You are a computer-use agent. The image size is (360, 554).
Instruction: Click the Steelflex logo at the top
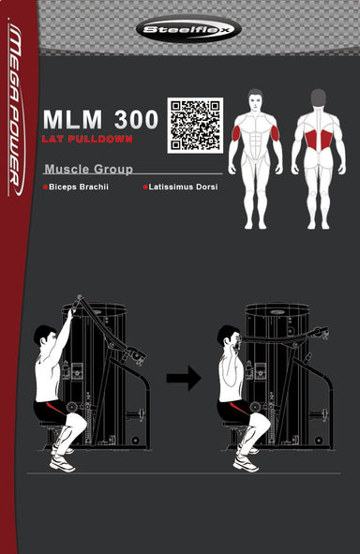click(187, 29)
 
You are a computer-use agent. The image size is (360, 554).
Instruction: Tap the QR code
click(194, 125)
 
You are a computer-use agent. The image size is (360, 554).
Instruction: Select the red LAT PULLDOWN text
click(87, 139)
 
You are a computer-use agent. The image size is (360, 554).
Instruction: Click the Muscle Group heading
click(88, 170)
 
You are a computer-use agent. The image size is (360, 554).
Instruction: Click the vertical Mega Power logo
click(18, 112)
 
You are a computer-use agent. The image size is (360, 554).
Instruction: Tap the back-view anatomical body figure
click(318, 157)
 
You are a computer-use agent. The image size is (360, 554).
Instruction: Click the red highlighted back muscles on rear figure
click(319, 142)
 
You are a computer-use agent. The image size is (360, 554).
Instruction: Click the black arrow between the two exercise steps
click(184, 378)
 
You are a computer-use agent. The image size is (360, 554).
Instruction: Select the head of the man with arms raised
click(43, 337)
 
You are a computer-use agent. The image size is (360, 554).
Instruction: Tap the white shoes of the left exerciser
click(62, 461)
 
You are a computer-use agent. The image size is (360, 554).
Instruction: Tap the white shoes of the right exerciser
click(246, 461)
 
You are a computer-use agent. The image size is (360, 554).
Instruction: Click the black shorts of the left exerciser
click(48, 409)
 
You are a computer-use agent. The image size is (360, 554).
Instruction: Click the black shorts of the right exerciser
click(232, 409)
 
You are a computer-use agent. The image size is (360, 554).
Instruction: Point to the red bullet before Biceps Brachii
click(45, 187)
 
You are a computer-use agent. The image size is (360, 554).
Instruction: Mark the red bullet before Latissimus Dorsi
click(145, 187)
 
